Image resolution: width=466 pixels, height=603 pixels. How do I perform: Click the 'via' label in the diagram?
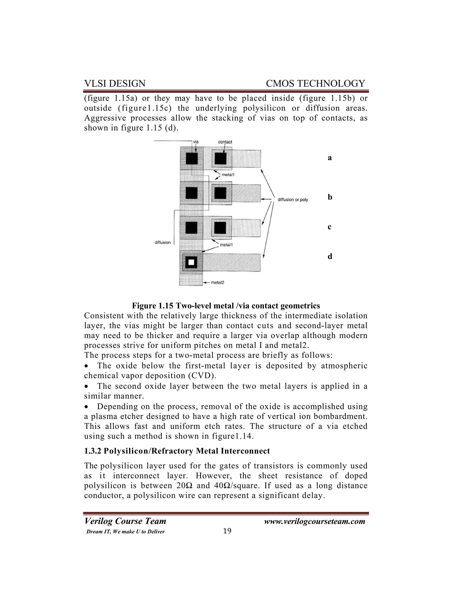tap(196, 142)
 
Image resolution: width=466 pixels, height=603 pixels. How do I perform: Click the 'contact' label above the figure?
tap(225, 142)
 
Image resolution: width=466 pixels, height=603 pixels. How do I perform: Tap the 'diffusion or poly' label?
tap(293, 200)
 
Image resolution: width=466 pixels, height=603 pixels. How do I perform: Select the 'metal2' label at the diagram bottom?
tap(218, 282)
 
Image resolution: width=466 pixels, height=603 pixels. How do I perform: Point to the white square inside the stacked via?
tap(191, 262)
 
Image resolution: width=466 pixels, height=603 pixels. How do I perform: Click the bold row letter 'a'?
tap(330, 158)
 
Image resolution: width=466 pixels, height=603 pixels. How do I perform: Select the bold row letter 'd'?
tap(330, 256)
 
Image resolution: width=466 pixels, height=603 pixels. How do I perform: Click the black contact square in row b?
tap(220, 193)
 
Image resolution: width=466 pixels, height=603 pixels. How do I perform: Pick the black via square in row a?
tap(192, 158)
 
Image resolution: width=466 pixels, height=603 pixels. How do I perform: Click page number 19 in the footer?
tap(227, 531)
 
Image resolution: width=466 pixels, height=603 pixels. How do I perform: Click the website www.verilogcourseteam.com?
tap(314, 521)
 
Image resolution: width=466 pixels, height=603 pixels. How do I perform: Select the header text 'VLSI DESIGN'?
tap(115, 83)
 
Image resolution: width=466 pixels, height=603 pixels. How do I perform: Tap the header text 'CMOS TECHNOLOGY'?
tap(315, 83)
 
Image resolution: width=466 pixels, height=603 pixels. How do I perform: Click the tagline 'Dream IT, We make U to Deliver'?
tap(126, 532)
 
